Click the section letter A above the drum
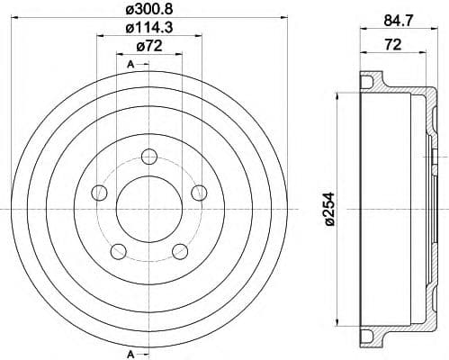130,64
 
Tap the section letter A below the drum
130,352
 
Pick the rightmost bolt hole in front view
199,191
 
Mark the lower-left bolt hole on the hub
118,250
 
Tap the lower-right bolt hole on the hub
179,250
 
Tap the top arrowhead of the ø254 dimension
337,94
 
